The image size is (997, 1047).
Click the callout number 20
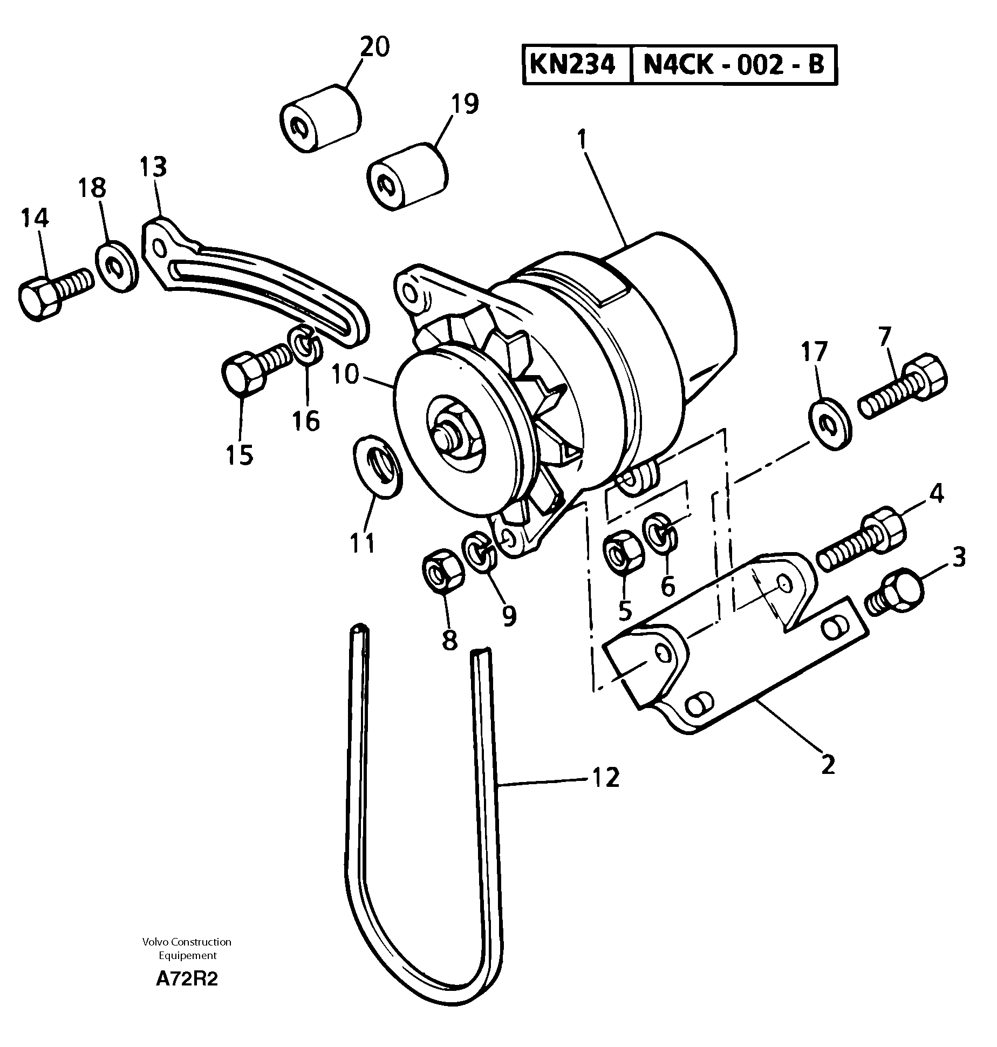coord(374,47)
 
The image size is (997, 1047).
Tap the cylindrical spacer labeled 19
coord(407,176)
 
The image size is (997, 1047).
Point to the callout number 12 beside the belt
coord(606,778)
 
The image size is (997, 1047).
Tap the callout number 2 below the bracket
coord(828,765)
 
